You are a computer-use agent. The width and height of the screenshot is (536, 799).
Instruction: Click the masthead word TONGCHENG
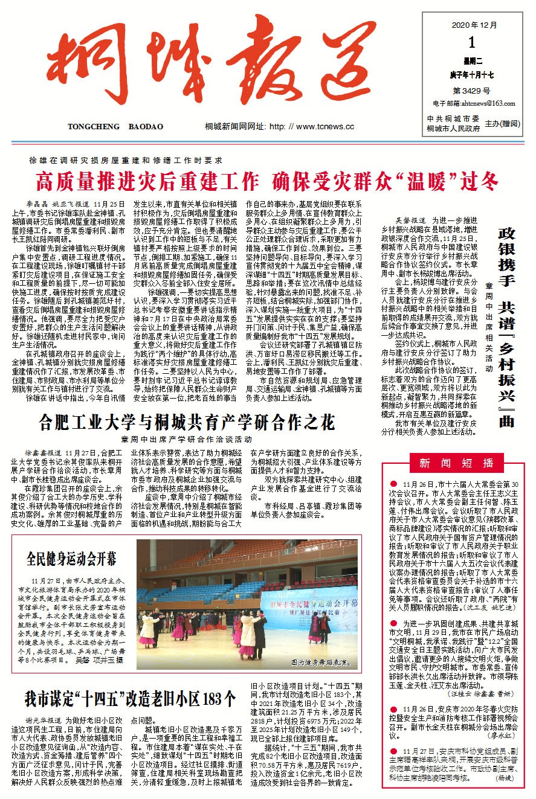pyautogui.click(x=91, y=127)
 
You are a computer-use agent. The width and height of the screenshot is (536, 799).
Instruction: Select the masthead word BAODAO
pyautogui.click(x=146, y=127)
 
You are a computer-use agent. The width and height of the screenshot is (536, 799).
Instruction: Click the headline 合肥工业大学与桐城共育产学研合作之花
pyautogui.click(x=187, y=422)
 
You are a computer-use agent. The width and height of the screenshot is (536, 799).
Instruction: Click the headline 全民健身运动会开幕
pyautogui.click(x=71, y=557)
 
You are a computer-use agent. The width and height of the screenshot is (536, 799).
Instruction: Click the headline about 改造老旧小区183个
pyautogui.click(x=129, y=699)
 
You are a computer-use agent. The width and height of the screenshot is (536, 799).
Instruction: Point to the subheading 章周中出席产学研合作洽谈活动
pyautogui.click(x=186, y=439)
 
